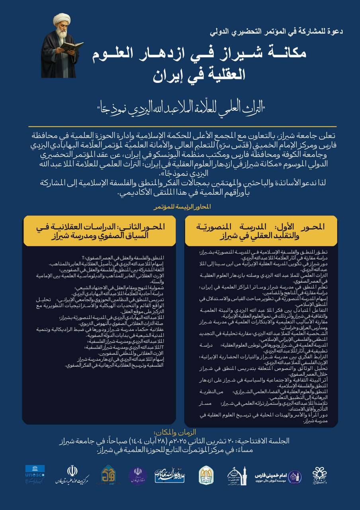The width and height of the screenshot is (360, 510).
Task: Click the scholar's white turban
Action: tap(62, 20)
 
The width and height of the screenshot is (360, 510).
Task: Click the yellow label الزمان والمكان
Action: tap(180, 432)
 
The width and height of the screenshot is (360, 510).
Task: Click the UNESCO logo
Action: tap(35, 474)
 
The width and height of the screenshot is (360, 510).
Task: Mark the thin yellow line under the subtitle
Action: tap(180, 127)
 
